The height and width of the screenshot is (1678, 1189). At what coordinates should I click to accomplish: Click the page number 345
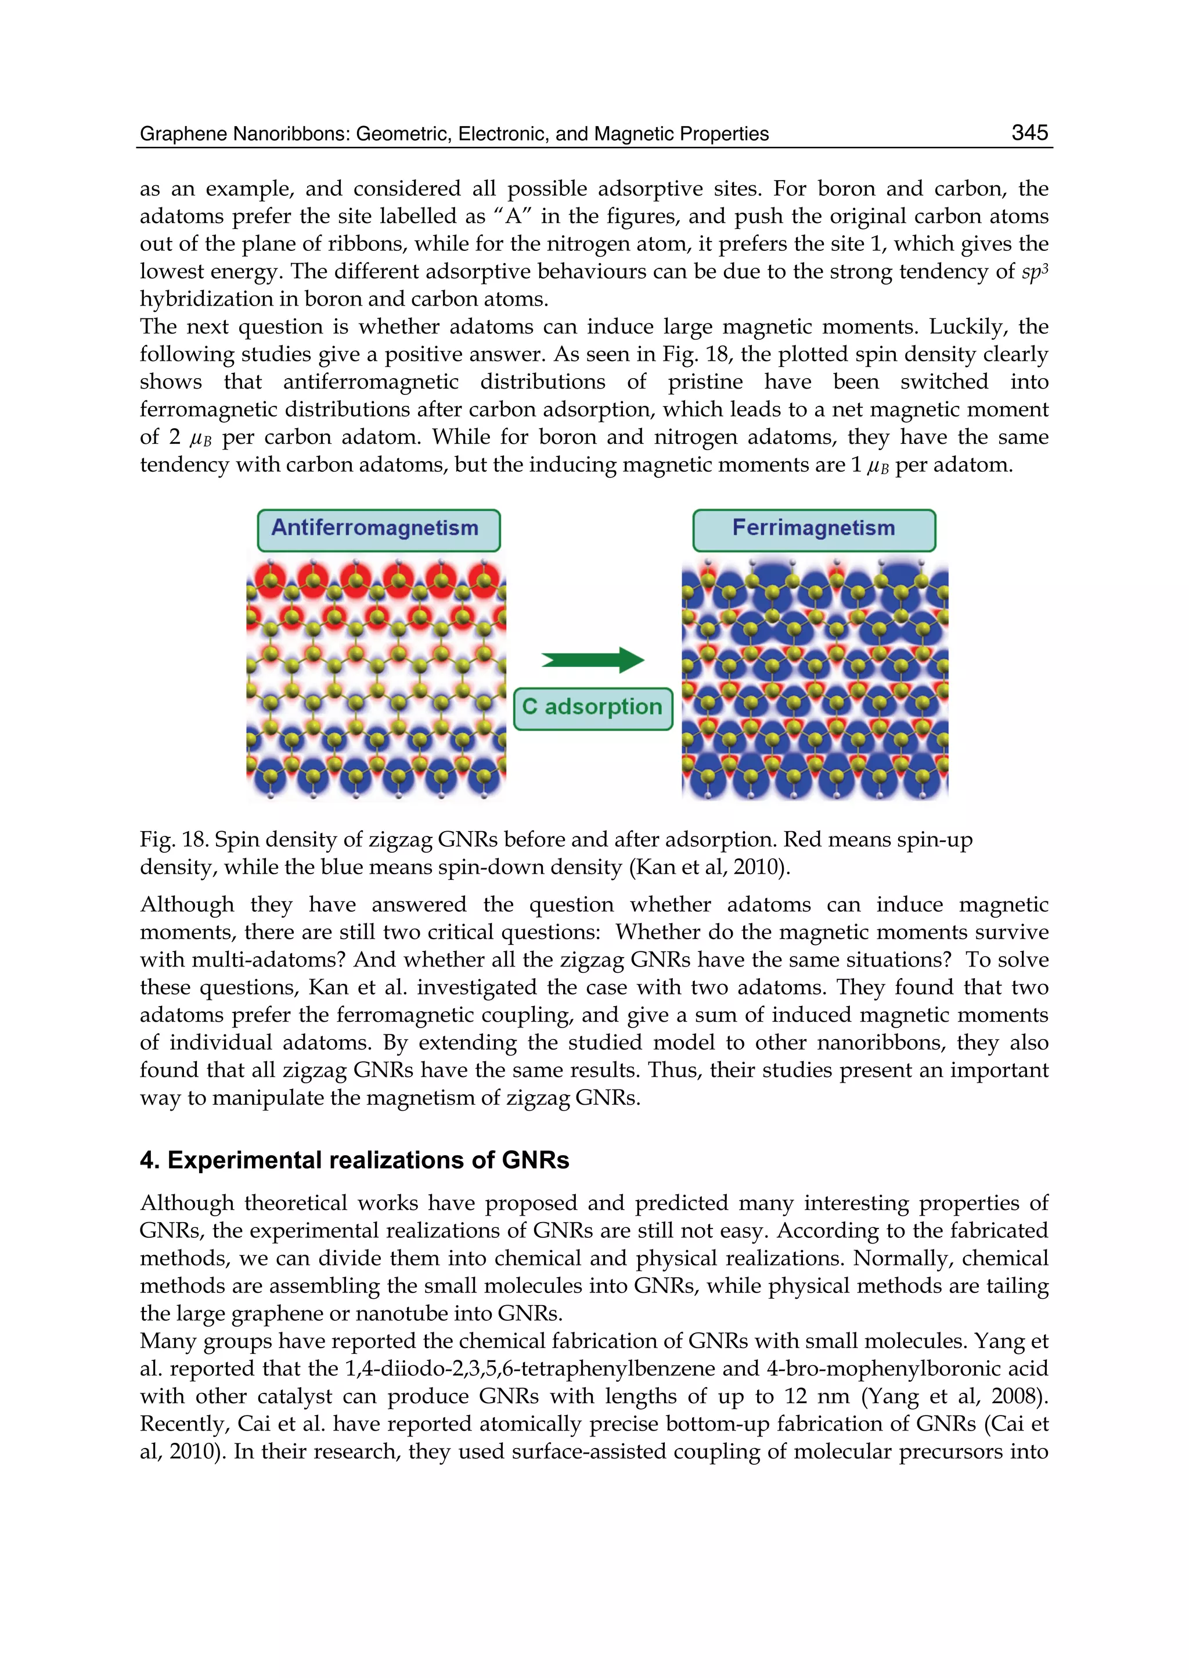point(1029,132)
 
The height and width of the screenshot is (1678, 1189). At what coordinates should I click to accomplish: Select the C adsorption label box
point(592,707)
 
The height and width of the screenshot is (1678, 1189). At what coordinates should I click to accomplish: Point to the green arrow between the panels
point(592,660)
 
